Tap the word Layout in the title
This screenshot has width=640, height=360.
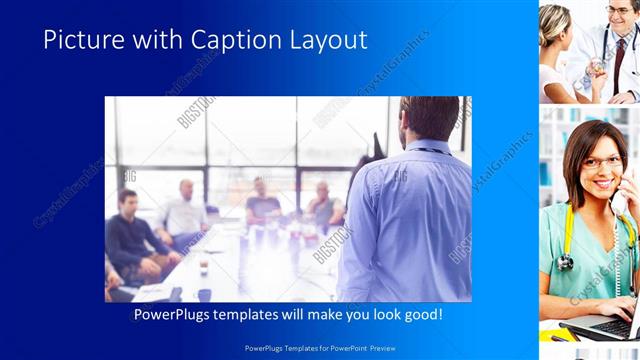point(325,40)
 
